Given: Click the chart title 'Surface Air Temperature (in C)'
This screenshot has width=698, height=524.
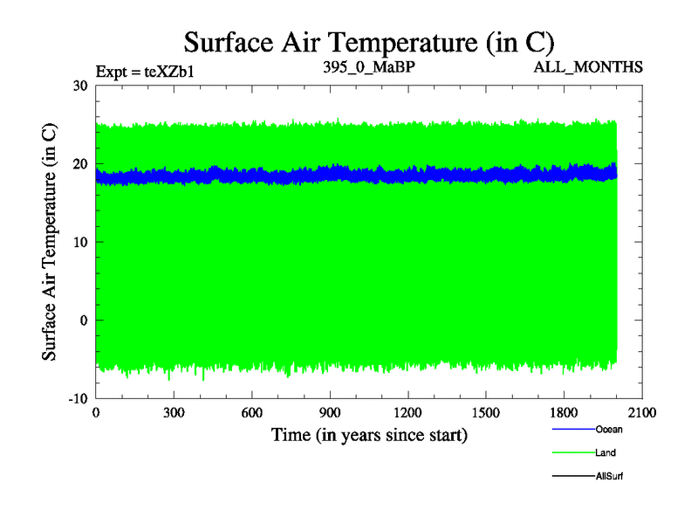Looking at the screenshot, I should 368,41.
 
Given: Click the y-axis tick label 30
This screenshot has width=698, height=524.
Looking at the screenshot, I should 80,86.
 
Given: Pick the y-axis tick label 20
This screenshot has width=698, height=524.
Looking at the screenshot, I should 80,164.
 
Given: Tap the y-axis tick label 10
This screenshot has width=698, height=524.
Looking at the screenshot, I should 80,242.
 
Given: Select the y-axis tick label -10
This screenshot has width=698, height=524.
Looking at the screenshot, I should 78,398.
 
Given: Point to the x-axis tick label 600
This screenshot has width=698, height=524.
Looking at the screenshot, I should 251,413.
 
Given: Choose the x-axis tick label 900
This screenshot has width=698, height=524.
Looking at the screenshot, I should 330,413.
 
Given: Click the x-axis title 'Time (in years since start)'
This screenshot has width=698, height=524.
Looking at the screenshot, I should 368,434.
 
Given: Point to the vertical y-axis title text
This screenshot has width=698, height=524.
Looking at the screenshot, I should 50,242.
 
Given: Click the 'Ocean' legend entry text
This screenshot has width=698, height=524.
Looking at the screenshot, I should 609,429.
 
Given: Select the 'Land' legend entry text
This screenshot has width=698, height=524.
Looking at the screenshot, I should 606,452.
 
